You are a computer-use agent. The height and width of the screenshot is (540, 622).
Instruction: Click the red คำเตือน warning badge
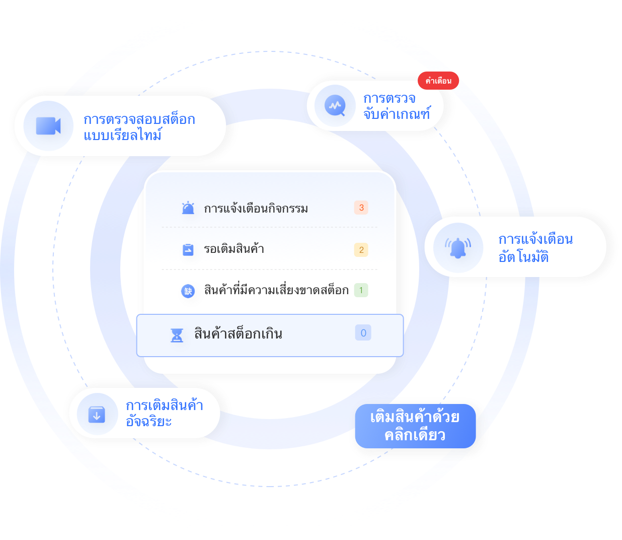438,81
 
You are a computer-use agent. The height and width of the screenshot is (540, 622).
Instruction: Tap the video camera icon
48,125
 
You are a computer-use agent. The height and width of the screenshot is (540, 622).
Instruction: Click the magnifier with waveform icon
335,106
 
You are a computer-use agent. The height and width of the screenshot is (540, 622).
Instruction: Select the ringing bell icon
458,248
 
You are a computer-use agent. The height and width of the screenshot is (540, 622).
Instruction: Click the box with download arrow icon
97,415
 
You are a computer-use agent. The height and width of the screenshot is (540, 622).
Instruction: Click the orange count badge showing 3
361,208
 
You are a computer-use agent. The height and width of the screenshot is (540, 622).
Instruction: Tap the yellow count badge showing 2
361,250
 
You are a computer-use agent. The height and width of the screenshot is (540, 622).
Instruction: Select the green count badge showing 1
361,290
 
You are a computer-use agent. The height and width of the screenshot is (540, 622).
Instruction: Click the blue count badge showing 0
363,332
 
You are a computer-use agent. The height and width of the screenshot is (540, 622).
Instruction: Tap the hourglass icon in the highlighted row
177,335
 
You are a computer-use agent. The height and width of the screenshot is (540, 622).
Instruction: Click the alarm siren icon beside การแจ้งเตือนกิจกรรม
188,208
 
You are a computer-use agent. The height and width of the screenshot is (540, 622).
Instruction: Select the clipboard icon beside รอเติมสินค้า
188,250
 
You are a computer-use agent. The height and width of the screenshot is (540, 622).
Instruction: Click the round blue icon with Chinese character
188,291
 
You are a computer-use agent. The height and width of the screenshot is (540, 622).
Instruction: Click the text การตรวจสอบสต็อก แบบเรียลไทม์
139,127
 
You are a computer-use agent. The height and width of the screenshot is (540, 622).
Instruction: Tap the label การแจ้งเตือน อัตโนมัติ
535,248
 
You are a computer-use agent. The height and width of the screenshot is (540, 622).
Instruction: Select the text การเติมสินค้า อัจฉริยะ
165,413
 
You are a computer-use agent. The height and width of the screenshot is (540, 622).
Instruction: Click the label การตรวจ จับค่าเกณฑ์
397,106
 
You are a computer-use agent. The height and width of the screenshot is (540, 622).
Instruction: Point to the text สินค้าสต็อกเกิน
239,333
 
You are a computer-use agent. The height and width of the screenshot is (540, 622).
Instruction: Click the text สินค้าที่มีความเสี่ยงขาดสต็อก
276,290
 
